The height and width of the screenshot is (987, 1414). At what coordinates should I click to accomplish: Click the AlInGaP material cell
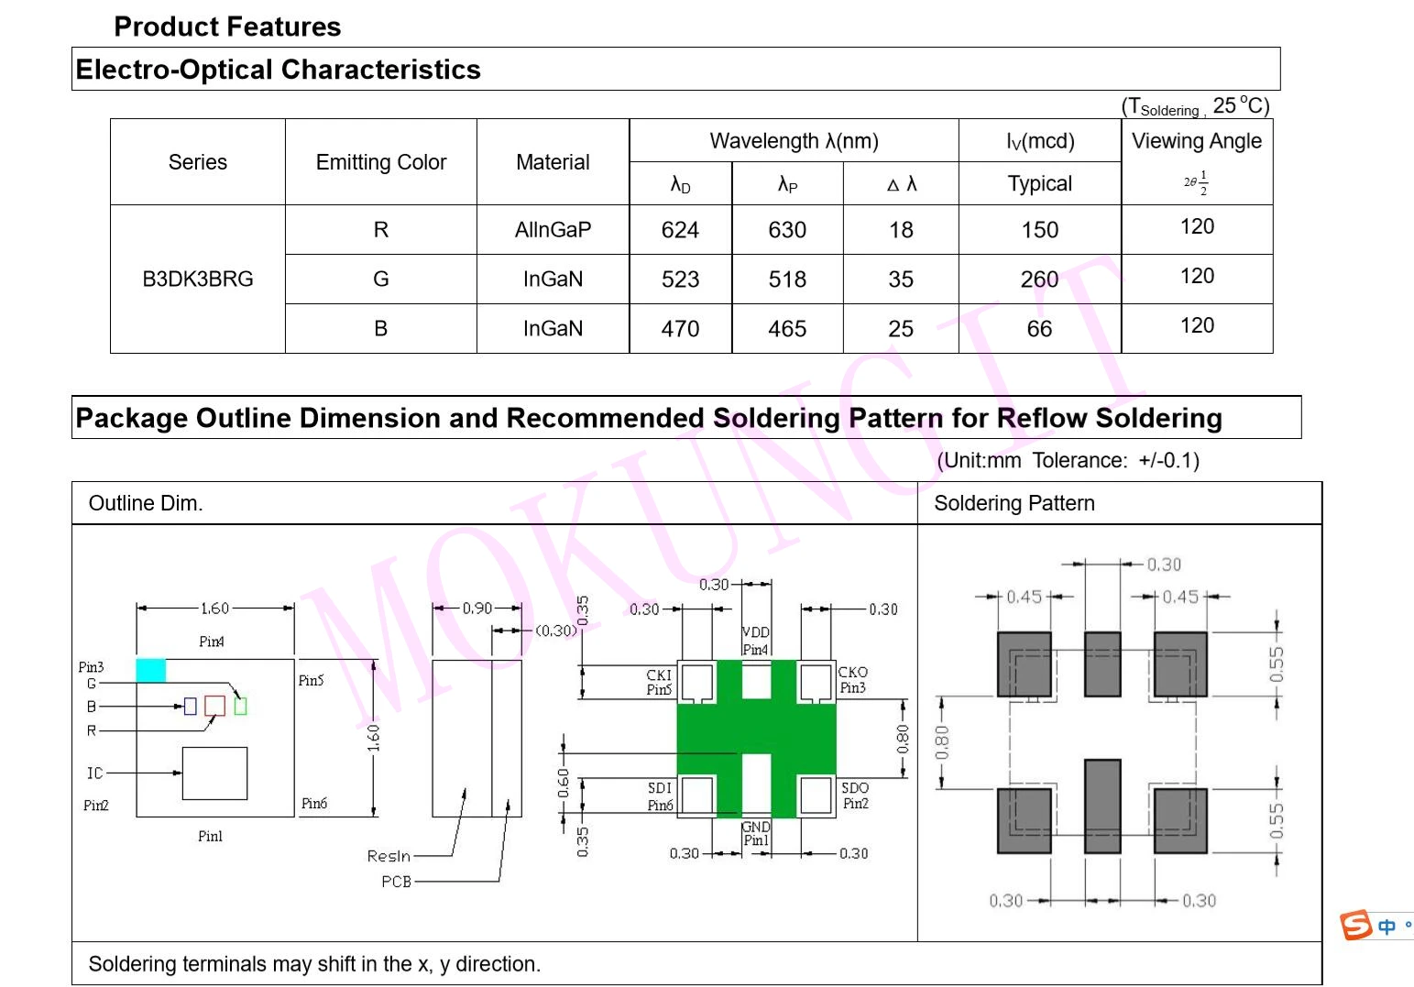tap(553, 230)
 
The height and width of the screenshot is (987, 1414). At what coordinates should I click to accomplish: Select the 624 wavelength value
tap(680, 230)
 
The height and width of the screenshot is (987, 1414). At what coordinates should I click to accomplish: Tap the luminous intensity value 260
tap(1039, 280)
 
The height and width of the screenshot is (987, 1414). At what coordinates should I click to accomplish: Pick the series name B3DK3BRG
tap(198, 280)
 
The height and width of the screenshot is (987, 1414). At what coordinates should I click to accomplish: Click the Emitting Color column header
tap(381, 162)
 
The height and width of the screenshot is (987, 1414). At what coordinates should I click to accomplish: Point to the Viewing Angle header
tap(1196, 141)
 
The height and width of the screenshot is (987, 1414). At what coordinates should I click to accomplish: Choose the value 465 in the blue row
tap(787, 329)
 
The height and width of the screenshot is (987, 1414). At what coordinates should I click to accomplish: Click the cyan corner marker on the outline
tap(151, 670)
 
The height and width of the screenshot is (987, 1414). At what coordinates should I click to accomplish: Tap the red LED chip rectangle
tap(214, 706)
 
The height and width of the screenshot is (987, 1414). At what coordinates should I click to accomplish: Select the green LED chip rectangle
tap(240, 706)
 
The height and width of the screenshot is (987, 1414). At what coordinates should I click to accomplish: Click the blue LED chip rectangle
tap(190, 706)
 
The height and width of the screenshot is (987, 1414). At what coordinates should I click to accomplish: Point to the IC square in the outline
tap(214, 773)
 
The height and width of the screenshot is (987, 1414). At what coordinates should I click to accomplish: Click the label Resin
tap(389, 856)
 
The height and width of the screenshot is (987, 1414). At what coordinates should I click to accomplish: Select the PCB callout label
tap(396, 882)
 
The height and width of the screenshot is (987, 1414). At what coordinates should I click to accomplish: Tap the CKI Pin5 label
tap(659, 682)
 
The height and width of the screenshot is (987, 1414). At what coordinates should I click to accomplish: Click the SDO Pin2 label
tap(855, 795)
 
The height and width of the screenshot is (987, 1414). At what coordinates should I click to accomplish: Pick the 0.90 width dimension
tap(477, 608)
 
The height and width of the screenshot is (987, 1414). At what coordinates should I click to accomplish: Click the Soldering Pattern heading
tap(1014, 503)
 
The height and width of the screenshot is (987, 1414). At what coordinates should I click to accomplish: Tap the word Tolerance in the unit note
tap(1080, 460)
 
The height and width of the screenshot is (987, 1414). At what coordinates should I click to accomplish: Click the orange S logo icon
tap(1355, 925)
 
